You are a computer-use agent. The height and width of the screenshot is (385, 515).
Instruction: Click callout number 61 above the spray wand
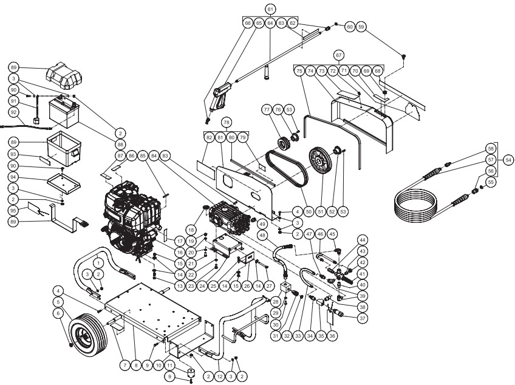(x=270, y=9)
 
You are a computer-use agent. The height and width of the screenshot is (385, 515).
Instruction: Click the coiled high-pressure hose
(x=425, y=206)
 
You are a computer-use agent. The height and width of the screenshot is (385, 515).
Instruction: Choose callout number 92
(x=13, y=112)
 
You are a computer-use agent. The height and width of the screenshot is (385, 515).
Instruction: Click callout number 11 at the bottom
(x=171, y=366)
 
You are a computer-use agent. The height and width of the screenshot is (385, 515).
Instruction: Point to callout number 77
(x=266, y=109)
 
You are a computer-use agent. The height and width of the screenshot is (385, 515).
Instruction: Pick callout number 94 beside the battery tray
(x=13, y=177)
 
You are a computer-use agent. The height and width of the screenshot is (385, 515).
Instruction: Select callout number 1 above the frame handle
(x=98, y=262)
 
